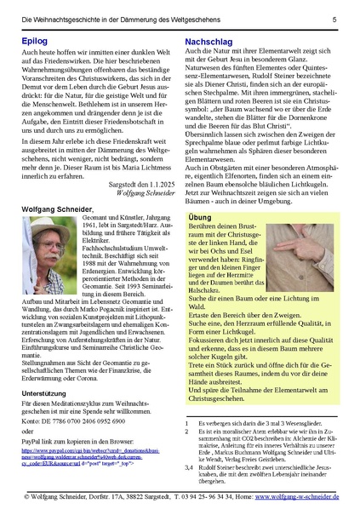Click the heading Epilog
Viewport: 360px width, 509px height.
[x=32, y=39]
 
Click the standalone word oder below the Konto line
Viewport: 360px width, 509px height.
[x=26, y=408]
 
